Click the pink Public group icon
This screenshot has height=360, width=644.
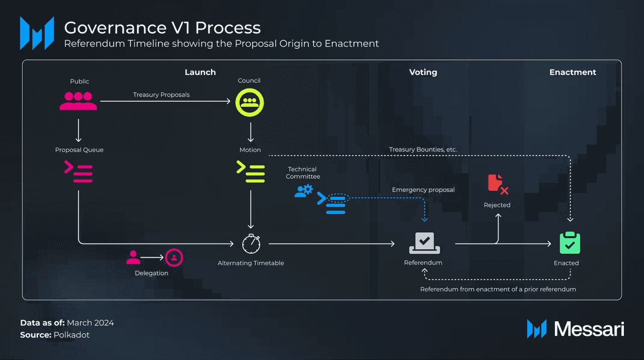tap(78, 101)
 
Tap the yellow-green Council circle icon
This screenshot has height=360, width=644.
tap(250, 102)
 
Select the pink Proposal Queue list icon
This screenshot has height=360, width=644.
tap(78, 172)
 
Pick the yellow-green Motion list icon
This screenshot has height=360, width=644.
tap(251, 172)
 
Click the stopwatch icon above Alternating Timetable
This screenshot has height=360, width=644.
tap(251, 244)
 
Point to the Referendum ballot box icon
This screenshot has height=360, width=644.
tap(424, 243)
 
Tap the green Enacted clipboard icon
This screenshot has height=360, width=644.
tap(570, 243)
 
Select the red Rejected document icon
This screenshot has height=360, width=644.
tap(498, 184)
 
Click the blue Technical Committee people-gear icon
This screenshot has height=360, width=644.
tap(303, 191)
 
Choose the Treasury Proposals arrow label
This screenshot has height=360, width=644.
tap(162, 95)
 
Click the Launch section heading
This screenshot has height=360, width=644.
tap(200, 72)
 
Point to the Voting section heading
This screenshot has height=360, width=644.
tap(423, 72)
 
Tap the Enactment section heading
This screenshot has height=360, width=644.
tap(573, 72)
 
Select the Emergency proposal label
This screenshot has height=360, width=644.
tap(423, 190)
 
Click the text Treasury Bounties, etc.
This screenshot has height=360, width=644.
tap(423, 150)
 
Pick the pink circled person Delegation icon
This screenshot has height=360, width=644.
tap(174, 257)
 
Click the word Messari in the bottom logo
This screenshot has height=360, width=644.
tap(589, 329)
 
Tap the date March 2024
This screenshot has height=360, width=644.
tap(90, 323)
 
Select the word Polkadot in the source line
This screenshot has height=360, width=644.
tap(71, 335)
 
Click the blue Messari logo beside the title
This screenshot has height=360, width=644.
tap(37, 33)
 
